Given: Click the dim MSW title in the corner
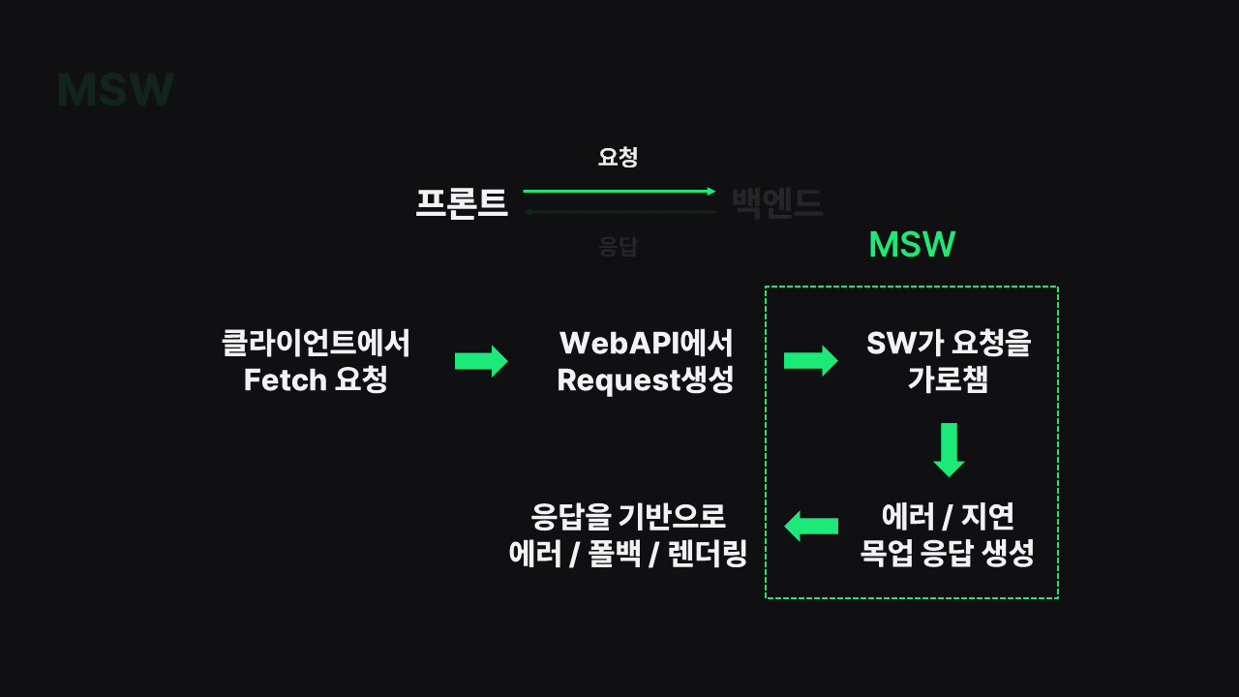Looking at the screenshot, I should coord(115,90).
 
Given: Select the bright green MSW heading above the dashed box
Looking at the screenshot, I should coord(912,245).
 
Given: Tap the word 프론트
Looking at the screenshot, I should coord(462,203).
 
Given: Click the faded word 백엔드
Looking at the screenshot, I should coord(777,203).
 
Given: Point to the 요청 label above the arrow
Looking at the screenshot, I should coord(618,157).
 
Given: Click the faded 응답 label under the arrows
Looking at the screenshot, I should coord(618,246).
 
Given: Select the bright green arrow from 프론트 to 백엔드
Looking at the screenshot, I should coord(619,192).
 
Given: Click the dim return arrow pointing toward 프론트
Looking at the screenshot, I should coord(619,212).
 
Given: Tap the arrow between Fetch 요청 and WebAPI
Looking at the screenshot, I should coord(481,361).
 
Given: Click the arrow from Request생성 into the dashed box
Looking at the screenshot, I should coord(810,361).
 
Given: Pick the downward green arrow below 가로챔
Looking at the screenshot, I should coord(949,449).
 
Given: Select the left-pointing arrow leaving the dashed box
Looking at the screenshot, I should coord(810,526).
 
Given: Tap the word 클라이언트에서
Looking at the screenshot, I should coord(317,343).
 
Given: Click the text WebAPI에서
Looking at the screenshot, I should coord(646,343).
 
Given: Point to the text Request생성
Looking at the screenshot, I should coord(646,380).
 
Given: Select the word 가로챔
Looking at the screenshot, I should coord(948,380).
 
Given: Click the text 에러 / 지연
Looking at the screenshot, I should coord(948,516).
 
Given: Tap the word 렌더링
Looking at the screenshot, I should coord(708,555).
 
